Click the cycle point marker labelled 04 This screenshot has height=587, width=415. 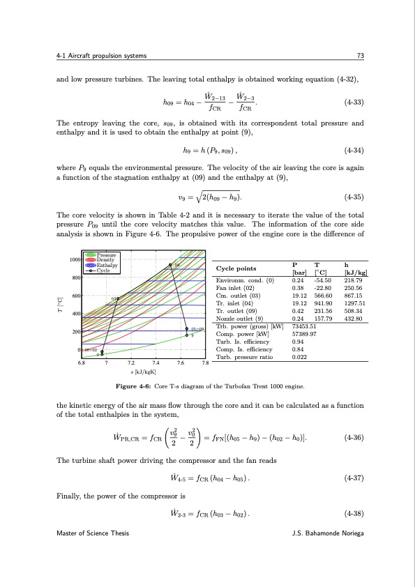(x=169, y=266)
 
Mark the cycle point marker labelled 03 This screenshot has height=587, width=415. (x=118, y=298)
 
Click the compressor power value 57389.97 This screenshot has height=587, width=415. (x=305, y=335)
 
